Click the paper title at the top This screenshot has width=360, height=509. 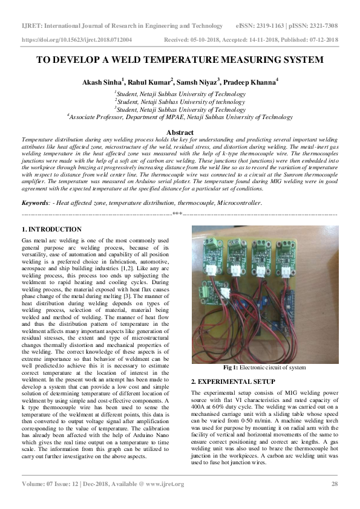coord(180,60)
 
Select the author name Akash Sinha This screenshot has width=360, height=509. coord(101,81)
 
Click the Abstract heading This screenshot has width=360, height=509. coord(180,131)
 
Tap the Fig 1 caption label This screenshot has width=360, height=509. coord(233,367)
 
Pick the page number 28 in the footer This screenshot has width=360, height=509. coord(334,484)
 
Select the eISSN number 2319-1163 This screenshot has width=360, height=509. coord(269,27)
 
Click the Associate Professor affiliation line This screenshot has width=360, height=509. coord(180,117)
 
